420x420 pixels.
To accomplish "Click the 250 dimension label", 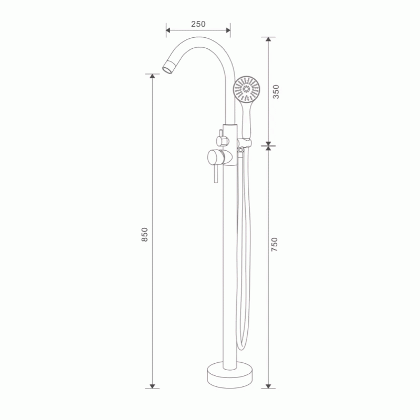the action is pyautogui.click(x=198, y=24).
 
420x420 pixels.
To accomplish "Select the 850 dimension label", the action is pyautogui.click(x=145, y=235).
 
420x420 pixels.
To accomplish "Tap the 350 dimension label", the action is pyautogui.click(x=276, y=91).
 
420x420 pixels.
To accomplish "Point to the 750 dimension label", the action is pyautogui.click(x=275, y=244).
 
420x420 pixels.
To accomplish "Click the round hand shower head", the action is pyautogui.click(x=246, y=89).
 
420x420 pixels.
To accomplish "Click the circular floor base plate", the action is pyautogui.click(x=230, y=375).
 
